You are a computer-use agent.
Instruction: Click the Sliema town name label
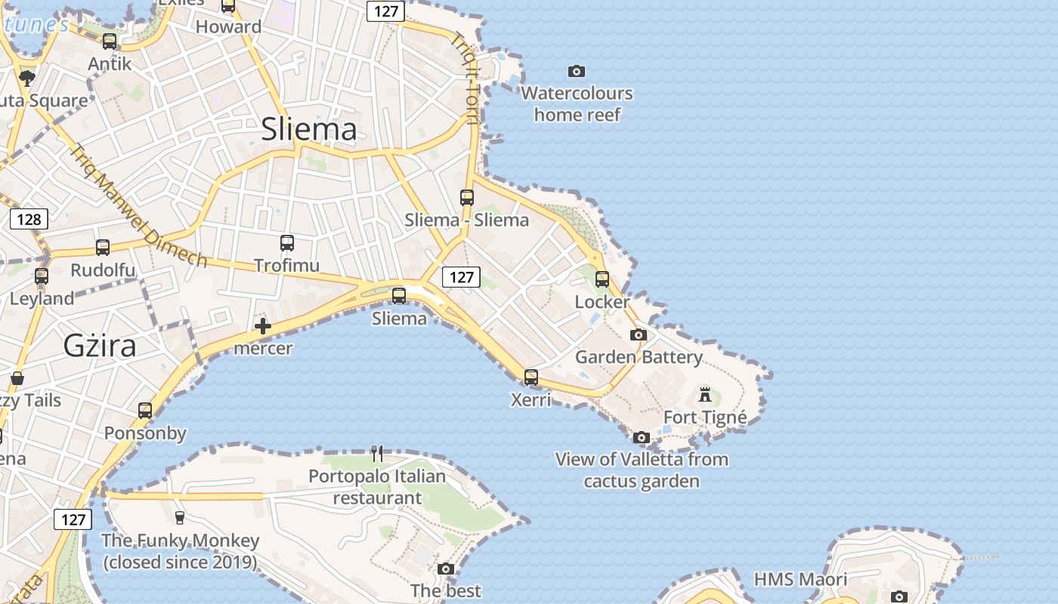pyautogui.click(x=308, y=129)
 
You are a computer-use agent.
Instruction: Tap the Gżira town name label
pyautogui.click(x=100, y=346)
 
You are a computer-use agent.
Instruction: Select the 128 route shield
pyautogui.click(x=29, y=220)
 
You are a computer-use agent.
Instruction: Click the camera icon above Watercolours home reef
pyautogui.click(x=577, y=71)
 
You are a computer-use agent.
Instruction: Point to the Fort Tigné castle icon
pyautogui.click(x=705, y=394)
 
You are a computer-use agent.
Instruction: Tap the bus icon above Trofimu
pyautogui.click(x=287, y=243)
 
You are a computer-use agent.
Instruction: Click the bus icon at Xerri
pyautogui.click(x=531, y=377)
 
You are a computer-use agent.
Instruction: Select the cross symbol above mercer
pyautogui.click(x=263, y=326)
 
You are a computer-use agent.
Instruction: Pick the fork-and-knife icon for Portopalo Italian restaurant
pyautogui.click(x=377, y=454)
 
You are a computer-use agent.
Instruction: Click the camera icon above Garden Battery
pyautogui.click(x=639, y=334)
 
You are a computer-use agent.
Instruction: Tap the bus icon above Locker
pyautogui.click(x=602, y=279)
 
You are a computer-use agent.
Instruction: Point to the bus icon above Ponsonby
pyautogui.click(x=145, y=411)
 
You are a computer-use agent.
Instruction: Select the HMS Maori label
pyautogui.click(x=800, y=580)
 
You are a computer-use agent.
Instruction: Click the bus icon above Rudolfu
pyautogui.click(x=103, y=248)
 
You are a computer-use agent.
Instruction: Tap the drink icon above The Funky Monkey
pyautogui.click(x=180, y=518)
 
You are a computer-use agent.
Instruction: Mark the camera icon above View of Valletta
pyautogui.click(x=642, y=437)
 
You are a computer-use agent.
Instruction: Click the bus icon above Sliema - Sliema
pyautogui.click(x=467, y=198)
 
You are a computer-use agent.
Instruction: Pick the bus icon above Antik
pyautogui.click(x=110, y=42)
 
